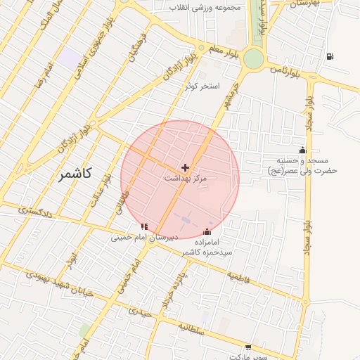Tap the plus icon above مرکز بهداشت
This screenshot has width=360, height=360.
click(x=185, y=167)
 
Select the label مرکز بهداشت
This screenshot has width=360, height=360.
click(x=186, y=179)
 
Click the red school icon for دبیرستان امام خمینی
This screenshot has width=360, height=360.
click(x=144, y=226)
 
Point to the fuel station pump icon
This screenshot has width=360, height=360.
click(x=330, y=56)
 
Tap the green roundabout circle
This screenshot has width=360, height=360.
click(x=252, y=59)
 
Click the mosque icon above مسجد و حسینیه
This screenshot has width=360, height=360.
click(x=303, y=149)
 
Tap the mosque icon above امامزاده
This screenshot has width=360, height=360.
click(x=207, y=231)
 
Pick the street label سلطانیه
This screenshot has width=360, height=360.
click(x=191, y=327)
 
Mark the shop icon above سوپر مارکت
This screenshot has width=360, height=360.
click(x=248, y=347)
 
